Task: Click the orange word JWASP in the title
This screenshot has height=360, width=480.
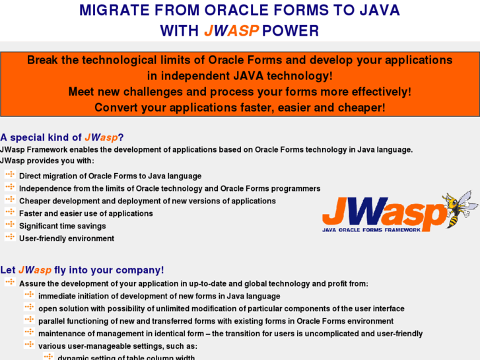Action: pos(231,30)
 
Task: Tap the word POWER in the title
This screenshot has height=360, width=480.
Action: pos(291,30)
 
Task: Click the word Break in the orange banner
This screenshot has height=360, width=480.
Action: pos(44,60)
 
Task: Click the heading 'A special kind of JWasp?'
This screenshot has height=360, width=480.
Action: pos(62,137)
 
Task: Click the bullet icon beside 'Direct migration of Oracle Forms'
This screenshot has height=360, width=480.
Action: pos(10,175)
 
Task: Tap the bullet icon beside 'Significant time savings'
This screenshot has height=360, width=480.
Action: pos(10,225)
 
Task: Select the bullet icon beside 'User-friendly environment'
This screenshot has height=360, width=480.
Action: pos(10,238)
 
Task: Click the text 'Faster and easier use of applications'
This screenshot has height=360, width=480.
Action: pos(86,213)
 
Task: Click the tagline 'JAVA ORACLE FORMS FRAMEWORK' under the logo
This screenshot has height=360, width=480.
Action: pos(370,230)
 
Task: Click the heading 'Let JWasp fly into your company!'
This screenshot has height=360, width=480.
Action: pos(82,270)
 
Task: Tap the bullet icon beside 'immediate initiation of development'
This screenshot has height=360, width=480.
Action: pos(29,295)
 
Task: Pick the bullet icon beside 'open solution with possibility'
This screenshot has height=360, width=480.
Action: pos(29,308)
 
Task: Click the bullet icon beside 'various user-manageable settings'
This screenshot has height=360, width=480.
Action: pos(29,345)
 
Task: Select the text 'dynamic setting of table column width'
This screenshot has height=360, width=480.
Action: pos(126,357)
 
